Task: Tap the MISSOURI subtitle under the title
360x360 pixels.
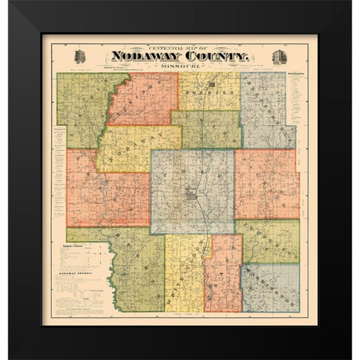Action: tap(180, 66)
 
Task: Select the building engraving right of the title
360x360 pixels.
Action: tap(280, 57)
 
